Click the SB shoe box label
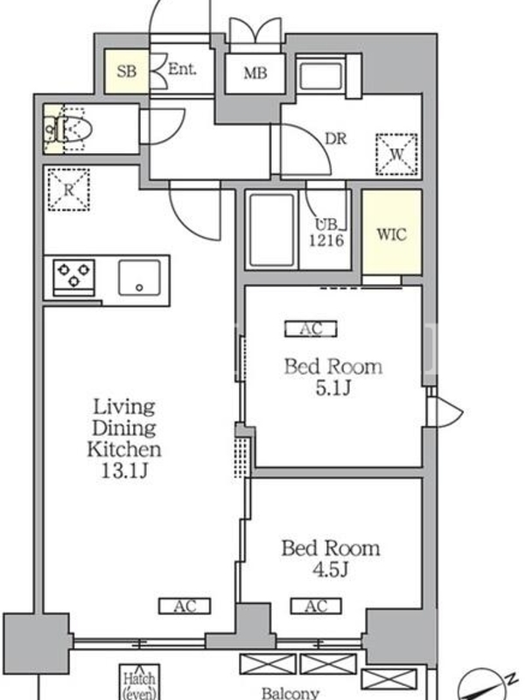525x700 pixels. (x=126, y=71)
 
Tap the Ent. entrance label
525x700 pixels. (x=182, y=69)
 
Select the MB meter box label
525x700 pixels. (x=255, y=73)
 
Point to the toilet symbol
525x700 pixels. (x=68, y=129)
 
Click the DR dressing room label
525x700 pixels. (x=336, y=139)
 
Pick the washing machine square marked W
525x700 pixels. (x=396, y=154)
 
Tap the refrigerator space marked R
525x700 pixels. (x=68, y=189)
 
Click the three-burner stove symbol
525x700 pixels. (x=73, y=277)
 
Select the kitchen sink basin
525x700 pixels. (x=139, y=277)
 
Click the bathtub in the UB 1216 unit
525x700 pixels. (x=271, y=229)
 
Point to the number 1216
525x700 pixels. (x=326, y=241)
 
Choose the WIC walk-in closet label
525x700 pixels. (x=391, y=234)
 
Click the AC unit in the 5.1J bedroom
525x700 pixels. (x=311, y=329)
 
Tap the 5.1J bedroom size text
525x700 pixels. (x=333, y=388)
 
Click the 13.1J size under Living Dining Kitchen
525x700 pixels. (x=123, y=471)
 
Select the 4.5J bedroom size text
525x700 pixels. (x=330, y=570)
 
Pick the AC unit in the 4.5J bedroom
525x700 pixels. (x=316, y=606)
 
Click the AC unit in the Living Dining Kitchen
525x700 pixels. (x=185, y=606)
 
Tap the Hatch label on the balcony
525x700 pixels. (x=139, y=679)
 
